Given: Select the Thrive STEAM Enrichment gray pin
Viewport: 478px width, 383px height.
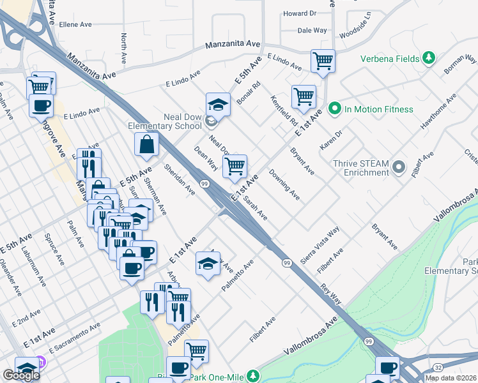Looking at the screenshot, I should (x=399, y=169).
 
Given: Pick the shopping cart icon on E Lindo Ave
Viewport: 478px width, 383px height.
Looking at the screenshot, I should (x=323, y=61).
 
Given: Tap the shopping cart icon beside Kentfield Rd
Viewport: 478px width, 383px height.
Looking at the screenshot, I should (x=304, y=96).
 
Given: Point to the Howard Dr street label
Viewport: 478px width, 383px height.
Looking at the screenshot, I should (x=300, y=13).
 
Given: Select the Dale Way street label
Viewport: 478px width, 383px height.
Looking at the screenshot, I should (x=312, y=30).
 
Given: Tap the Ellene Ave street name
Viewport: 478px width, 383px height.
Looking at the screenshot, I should (x=77, y=24).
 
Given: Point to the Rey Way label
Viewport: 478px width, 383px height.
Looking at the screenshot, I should (x=332, y=293).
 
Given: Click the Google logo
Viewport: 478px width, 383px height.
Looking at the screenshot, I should (x=21, y=375).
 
